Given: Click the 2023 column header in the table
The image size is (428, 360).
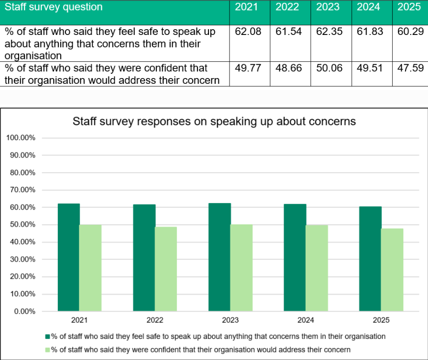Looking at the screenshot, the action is point(328,7).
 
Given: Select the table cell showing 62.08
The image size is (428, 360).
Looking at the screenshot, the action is point(248,32).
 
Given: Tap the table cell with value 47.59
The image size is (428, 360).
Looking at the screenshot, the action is point(410,68).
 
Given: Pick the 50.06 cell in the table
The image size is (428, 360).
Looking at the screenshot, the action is point(329,68).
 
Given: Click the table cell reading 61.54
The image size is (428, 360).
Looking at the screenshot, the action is point(288,32).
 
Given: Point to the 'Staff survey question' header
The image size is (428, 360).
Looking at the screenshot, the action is point(54,7).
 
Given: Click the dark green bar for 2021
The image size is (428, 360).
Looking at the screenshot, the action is point(69,257).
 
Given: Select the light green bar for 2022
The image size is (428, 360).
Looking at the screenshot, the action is point(165,269).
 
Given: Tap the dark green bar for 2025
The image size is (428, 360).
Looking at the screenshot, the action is point(370,259).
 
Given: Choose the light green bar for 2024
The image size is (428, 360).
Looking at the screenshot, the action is point(317,268).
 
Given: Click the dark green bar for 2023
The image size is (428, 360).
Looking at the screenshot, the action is point(219,257).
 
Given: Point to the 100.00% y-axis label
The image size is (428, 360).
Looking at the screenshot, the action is point(21,137).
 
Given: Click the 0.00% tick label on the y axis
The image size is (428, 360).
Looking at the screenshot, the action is point(24,311).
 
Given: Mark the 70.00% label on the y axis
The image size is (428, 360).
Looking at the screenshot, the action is point(22,190).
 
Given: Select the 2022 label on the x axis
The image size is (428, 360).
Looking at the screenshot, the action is point(155,320).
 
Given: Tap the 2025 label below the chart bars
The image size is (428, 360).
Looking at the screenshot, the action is point(381,320).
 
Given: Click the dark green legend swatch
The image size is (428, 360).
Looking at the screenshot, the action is point(47,337).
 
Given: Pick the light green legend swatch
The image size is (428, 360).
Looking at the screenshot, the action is point(47,350).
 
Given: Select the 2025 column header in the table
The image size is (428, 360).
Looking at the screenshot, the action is point(409,7).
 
